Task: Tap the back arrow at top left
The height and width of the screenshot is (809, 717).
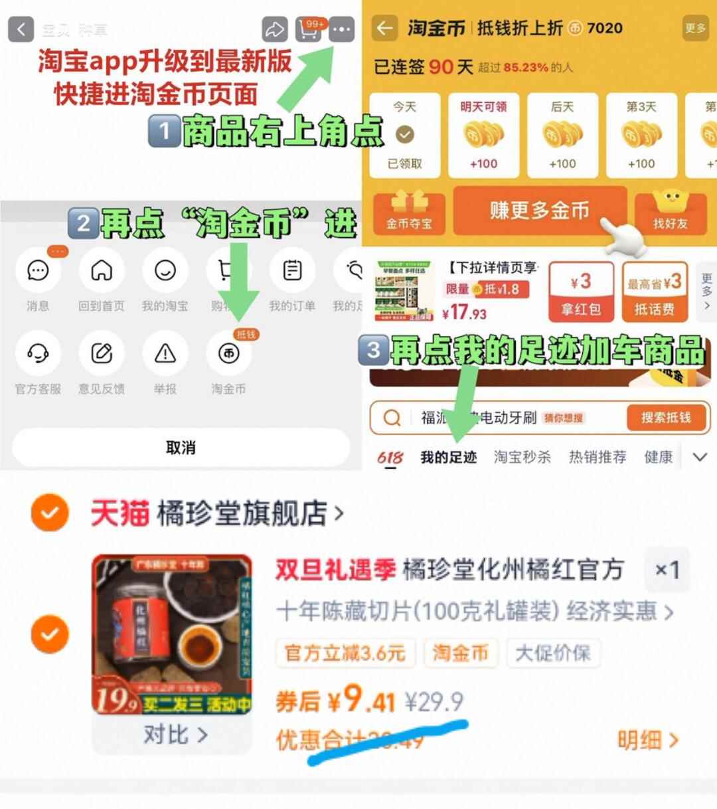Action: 21,29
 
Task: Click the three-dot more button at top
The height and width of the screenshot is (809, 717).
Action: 342,29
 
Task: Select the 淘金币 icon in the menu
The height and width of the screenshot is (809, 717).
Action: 229,354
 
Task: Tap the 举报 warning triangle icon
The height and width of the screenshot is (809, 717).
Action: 165,354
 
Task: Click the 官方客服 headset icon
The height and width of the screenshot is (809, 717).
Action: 38,354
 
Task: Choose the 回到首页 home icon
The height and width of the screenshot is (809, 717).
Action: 101,271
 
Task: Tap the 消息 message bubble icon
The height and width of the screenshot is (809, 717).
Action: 38,271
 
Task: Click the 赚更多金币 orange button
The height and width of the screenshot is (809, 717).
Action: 539,211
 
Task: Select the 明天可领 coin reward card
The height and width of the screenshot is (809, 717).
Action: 483,135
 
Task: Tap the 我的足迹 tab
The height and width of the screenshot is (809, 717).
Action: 448,457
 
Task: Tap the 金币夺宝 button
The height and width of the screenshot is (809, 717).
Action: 409,212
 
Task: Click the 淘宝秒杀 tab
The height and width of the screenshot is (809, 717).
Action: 522,457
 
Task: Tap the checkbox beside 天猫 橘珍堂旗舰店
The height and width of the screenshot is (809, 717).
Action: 50,513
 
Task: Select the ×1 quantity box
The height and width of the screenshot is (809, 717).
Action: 667,570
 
